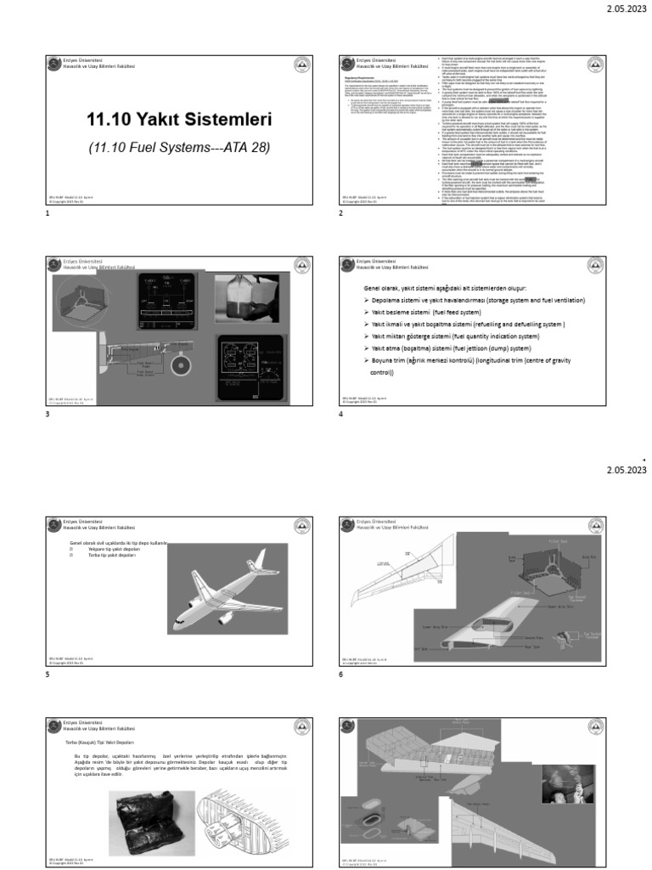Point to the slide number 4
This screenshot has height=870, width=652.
tap(340, 414)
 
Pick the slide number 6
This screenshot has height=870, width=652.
tap(340, 674)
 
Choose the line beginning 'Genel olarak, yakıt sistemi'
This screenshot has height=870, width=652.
tap(453, 289)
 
